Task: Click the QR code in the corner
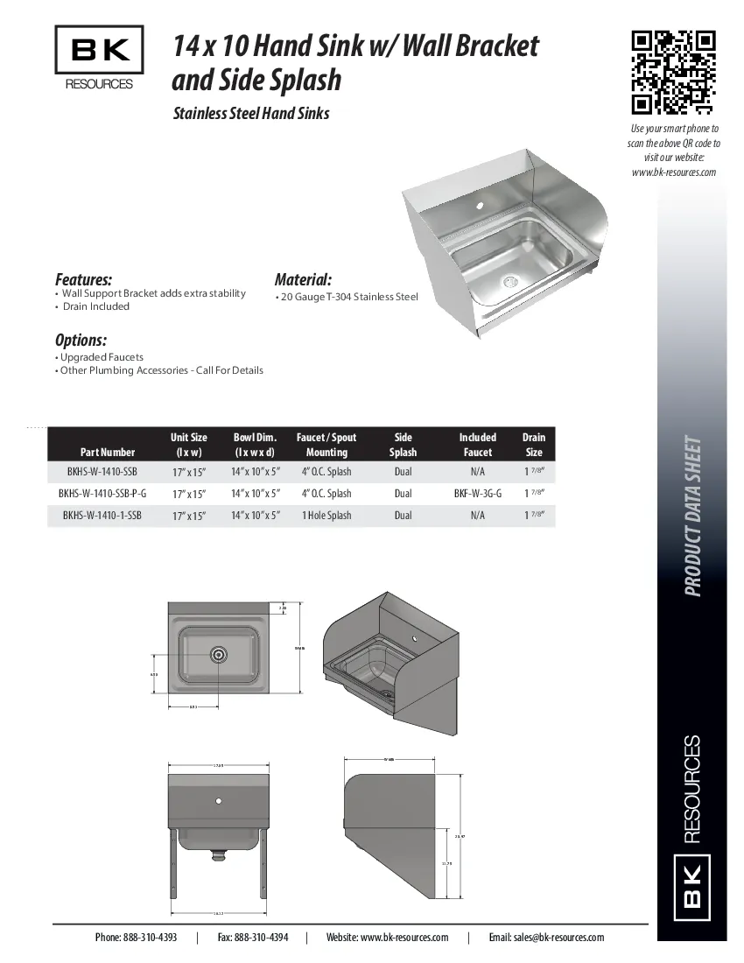[x=674, y=73]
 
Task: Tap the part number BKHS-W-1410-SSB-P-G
[x=102, y=494]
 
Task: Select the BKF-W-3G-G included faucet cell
[x=477, y=494]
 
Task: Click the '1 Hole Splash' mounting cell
[x=326, y=516]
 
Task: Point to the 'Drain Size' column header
[x=533, y=445]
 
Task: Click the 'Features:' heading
[x=84, y=280]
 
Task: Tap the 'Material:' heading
[x=303, y=280]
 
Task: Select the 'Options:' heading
[x=81, y=340]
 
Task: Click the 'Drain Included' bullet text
[x=96, y=306]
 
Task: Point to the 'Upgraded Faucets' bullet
[x=102, y=357]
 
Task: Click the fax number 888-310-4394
[x=252, y=937]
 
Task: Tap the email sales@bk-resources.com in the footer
[x=546, y=937]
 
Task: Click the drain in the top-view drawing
[x=218, y=653]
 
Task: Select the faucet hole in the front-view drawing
[x=218, y=800]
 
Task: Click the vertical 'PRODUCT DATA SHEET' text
[x=693, y=517]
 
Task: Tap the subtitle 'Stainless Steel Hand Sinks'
[x=251, y=113]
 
